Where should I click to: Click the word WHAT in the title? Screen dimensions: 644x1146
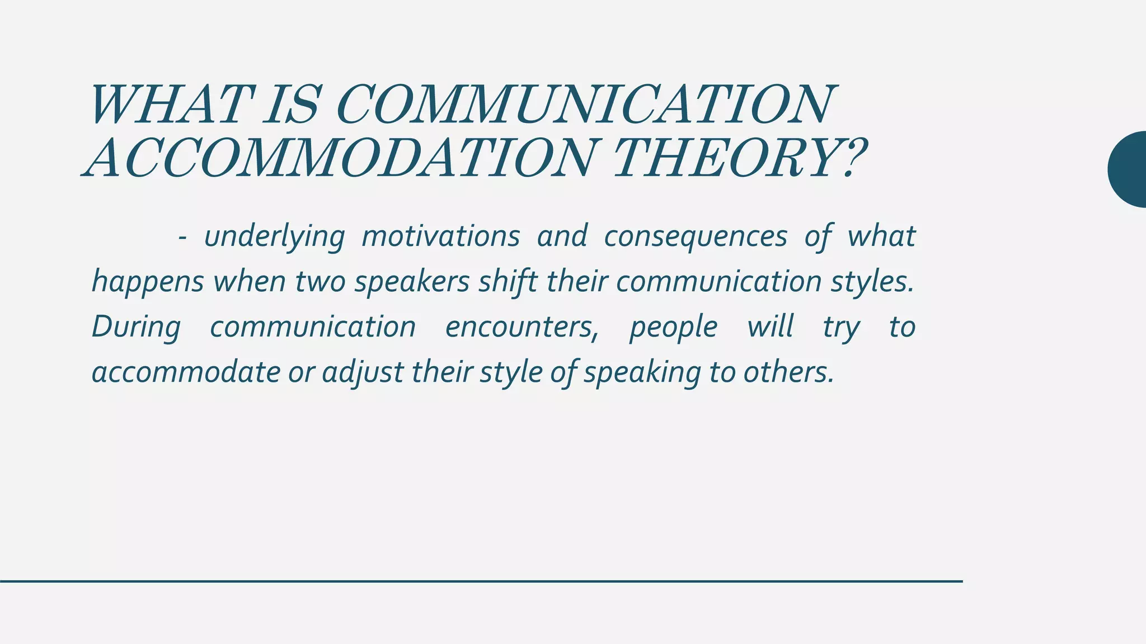coord(168,105)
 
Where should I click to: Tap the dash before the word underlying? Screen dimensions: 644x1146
coord(182,238)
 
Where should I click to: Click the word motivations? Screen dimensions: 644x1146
coord(441,236)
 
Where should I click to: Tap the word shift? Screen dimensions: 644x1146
coord(508,281)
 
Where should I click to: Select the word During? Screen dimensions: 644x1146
coord(136,328)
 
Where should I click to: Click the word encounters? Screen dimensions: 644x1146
coord(522,327)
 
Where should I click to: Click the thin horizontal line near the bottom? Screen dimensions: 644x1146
coord(481,581)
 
